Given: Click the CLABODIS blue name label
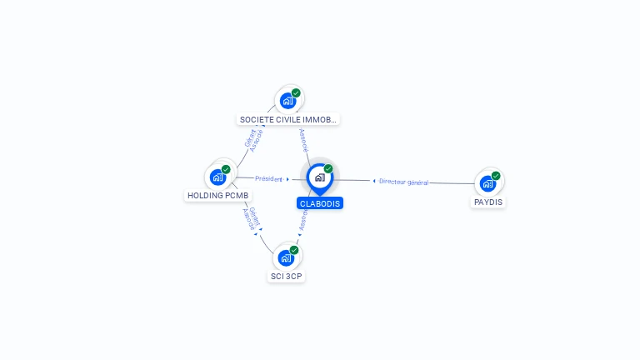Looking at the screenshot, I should (320, 203).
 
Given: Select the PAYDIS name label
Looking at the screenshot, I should (488, 202).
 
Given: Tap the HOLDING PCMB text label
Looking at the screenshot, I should (217, 196).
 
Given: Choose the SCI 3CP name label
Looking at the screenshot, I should (287, 276).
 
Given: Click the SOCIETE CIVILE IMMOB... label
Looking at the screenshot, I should (288, 120).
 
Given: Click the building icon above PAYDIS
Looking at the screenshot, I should (487, 183).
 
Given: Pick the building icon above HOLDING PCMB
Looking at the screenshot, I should (217, 177).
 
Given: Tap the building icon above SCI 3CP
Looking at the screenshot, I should (286, 257).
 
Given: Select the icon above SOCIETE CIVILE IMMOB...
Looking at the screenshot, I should (287, 101).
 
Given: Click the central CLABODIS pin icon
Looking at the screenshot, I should (319, 177).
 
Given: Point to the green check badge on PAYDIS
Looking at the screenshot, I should (496, 176).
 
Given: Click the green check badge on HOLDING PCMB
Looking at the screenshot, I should (226, 169).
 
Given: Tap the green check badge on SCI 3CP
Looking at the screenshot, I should (294, 250).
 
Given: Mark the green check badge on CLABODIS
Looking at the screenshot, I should (328, 169).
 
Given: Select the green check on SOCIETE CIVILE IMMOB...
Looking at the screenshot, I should (296, 93).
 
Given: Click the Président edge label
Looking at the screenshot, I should (269, 178).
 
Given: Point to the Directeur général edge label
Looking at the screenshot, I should (403, 182).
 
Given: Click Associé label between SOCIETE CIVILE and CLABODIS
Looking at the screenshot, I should (303, 139).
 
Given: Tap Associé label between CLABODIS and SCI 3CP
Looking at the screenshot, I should (303, 219).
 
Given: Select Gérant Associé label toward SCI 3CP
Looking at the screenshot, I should (250, 219).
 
